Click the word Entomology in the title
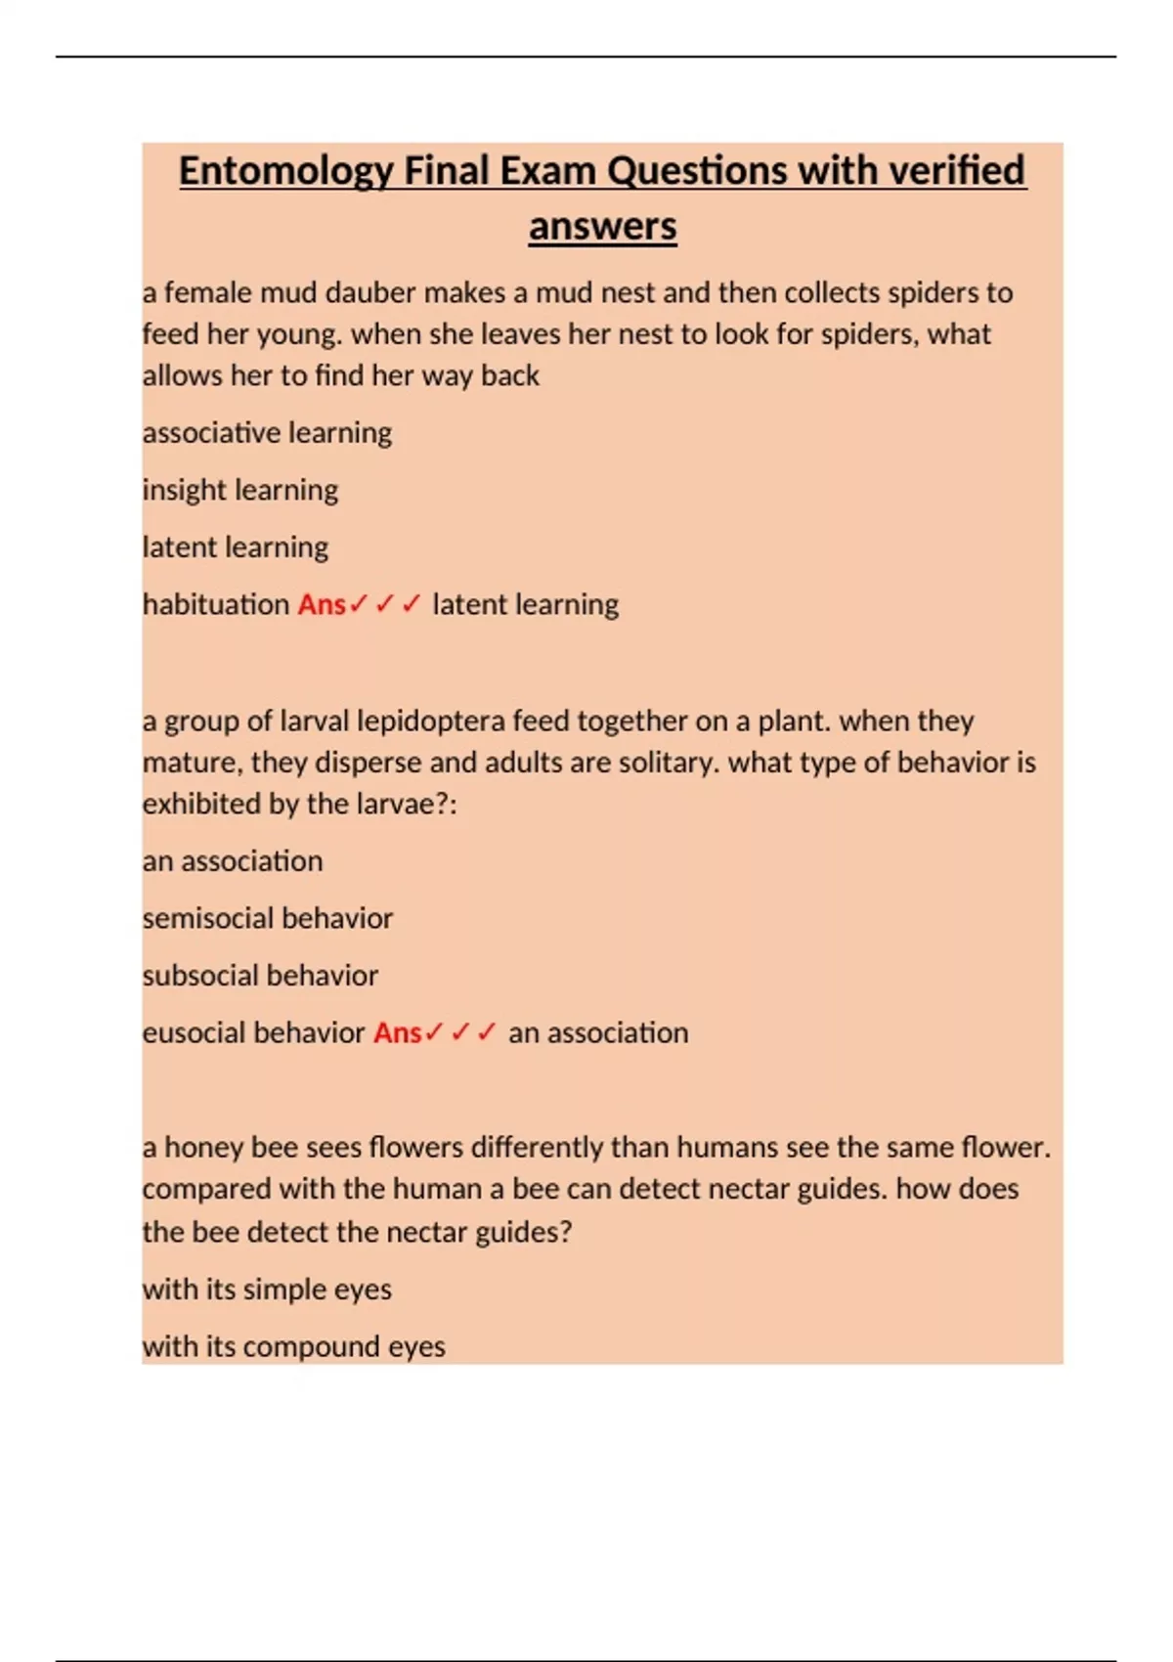[x=285, y=172]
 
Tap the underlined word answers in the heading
[x=602, y=227]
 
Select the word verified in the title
[x=957, y=170]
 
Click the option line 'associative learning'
[x=267, y=432]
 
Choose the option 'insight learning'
[x=240, y=490]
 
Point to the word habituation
[x=216, y=604]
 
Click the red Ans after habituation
[x=322, y=604]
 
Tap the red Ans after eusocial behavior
[x=397, y=1032]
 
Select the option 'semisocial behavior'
[x=267, y=918]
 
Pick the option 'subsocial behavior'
[x=260, y=976]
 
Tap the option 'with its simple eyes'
[x=267, y=1290]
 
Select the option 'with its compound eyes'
[x=293, y=1347]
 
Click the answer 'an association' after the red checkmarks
[x=598, y=1032]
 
